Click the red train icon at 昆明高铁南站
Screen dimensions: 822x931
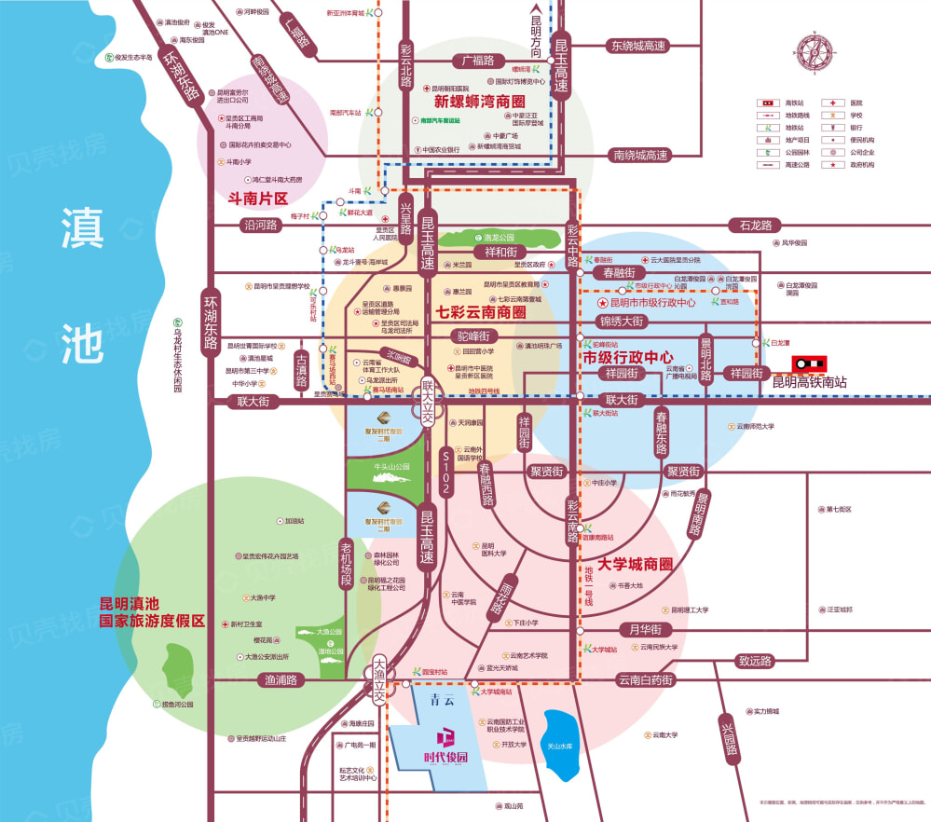pyautogui.click(x=810, y=363)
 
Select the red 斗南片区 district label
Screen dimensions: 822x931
pyautogui.click(x=258, y=199)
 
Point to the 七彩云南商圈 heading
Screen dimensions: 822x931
pyautogui.click(x=481, y=312)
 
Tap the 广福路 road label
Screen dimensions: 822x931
pyautogui.click(x=478, y=61)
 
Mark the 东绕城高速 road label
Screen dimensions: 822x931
pyautogui.click(x=638, y=46)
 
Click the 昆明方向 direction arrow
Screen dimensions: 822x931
pyautogui.click(x=536, y=37)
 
